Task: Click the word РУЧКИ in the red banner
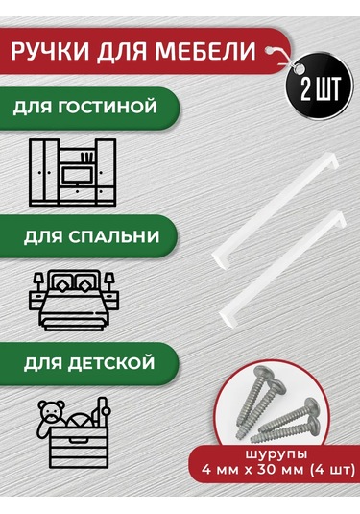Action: (x=50, y=52)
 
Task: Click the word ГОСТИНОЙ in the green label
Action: (x=108, y=108)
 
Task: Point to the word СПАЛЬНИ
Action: (x=114, y=236)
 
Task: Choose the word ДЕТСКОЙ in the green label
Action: (x=111, y=363)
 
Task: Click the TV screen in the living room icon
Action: (x=78, y=176)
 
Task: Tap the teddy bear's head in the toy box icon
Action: (x=51, y=409)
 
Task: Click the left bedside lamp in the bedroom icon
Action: (x=38, y=282)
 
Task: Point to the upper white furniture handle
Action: (x=276, y=210)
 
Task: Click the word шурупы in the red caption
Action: (x=276, y=454)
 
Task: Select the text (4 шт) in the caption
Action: (x=333, y=470)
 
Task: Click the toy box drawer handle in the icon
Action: (x=79, y=440)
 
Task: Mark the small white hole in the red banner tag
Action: (x=271, y=50)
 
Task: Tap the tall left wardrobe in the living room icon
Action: (x=44, y=171)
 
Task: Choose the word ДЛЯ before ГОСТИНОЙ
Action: (x=33, y=108)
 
